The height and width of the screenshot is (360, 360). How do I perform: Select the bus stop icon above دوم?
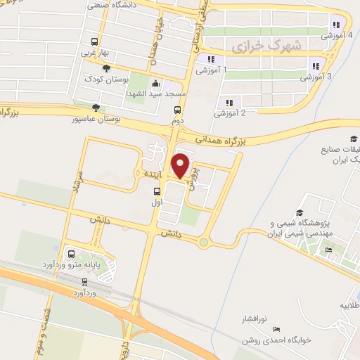tap(177, 110)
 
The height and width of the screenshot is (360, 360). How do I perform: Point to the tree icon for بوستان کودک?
tap(105, 68)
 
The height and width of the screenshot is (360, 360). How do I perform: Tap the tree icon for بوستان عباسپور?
tap(96, 108)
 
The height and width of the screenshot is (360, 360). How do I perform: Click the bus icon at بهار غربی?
tap(95, 41)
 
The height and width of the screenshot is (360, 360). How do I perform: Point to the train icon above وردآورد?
tap(84, 279)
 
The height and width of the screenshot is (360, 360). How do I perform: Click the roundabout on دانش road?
tap(204, 243)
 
